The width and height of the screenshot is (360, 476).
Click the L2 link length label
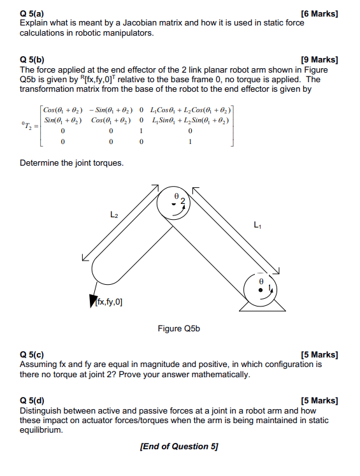(x=115, y=215)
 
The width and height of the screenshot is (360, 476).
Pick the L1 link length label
(x=257, y=224)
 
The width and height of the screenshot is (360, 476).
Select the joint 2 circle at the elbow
(x=175, y=202)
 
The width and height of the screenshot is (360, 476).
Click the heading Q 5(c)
(x=33, y=355)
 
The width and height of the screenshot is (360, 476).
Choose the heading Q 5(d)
(x=33, y=401)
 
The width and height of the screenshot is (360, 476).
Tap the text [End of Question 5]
(x=178, y=446)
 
